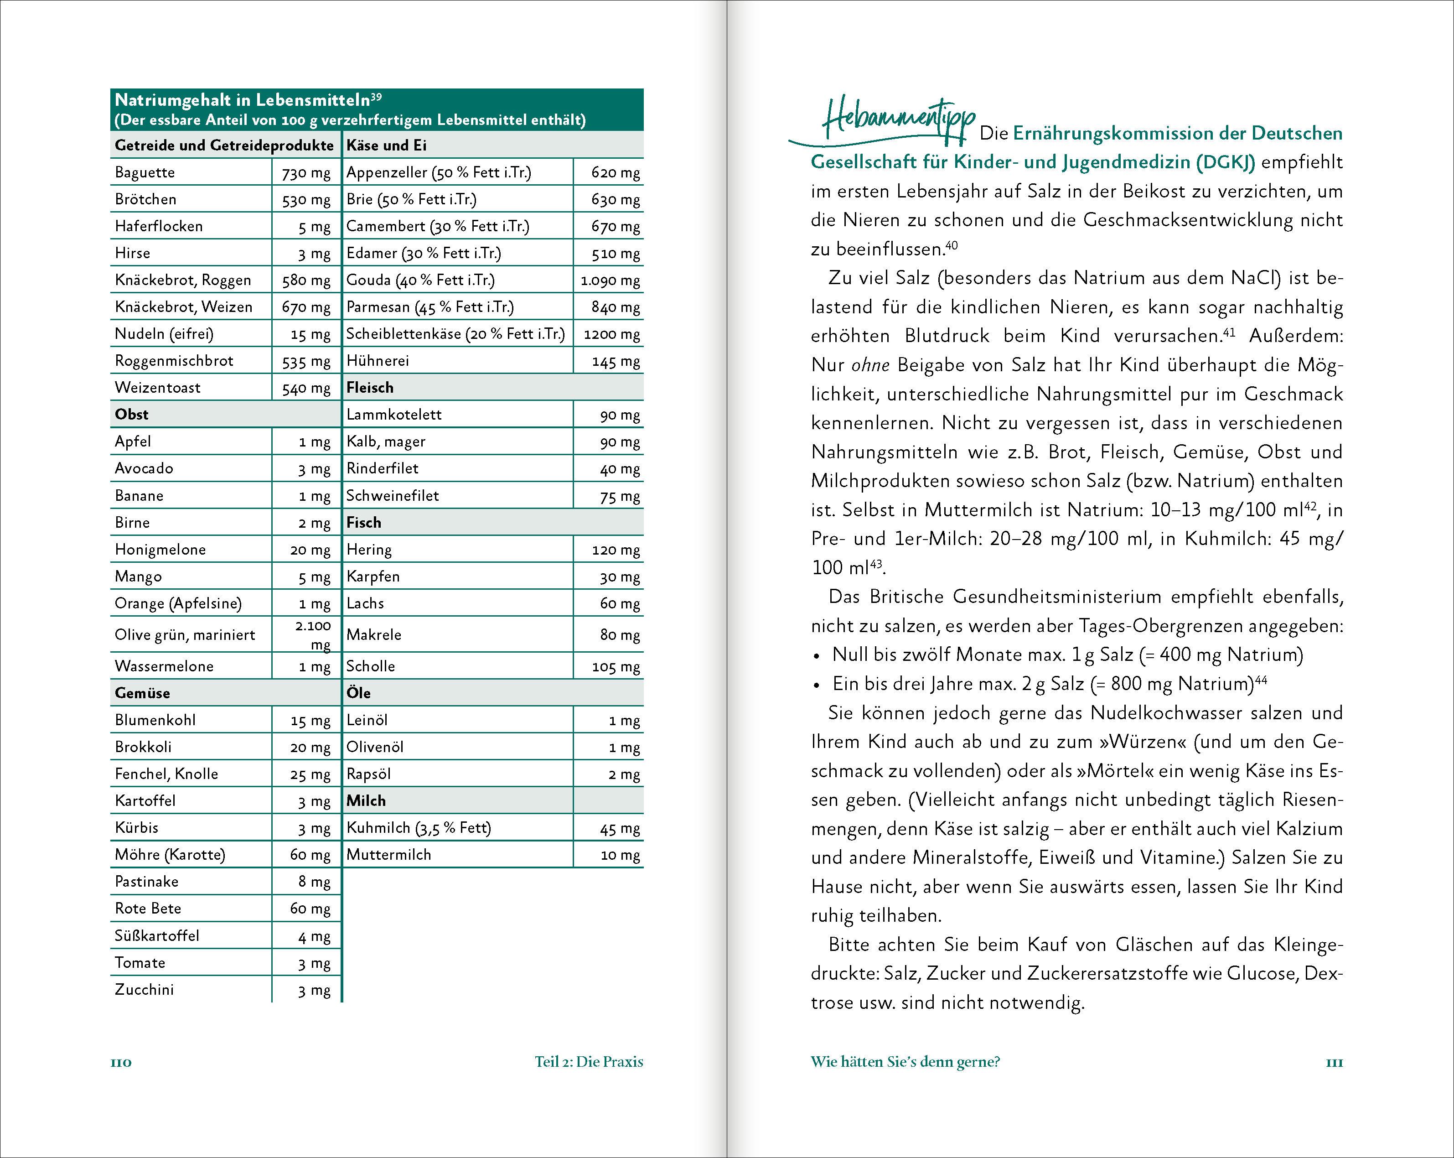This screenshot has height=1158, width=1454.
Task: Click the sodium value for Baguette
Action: click(x=306, y=173)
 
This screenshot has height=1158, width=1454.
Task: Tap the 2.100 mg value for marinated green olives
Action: click(x=313, y=634)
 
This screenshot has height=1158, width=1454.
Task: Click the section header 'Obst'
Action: click(x=131, y=414)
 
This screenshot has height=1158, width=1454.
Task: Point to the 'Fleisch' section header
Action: click(x=370, y=388)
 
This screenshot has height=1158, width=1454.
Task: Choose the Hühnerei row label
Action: click(x=378, y=361)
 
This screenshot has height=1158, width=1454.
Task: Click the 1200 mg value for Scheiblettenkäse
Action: click(x=611, y=334)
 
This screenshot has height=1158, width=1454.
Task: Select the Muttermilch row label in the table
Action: click(x=388, y=855)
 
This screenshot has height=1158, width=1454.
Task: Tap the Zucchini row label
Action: click(x=145, y=989)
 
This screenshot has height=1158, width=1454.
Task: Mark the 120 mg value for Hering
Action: click(x=615, y=550)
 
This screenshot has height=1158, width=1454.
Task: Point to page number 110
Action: click(x=121, y=1062)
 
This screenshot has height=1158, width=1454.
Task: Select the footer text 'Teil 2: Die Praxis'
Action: click(x=589, y=1062)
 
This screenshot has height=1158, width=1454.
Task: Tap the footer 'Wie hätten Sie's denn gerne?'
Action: click(x=905, y=1062)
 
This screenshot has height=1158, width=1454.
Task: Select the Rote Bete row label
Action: click(x=148, y=909)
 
